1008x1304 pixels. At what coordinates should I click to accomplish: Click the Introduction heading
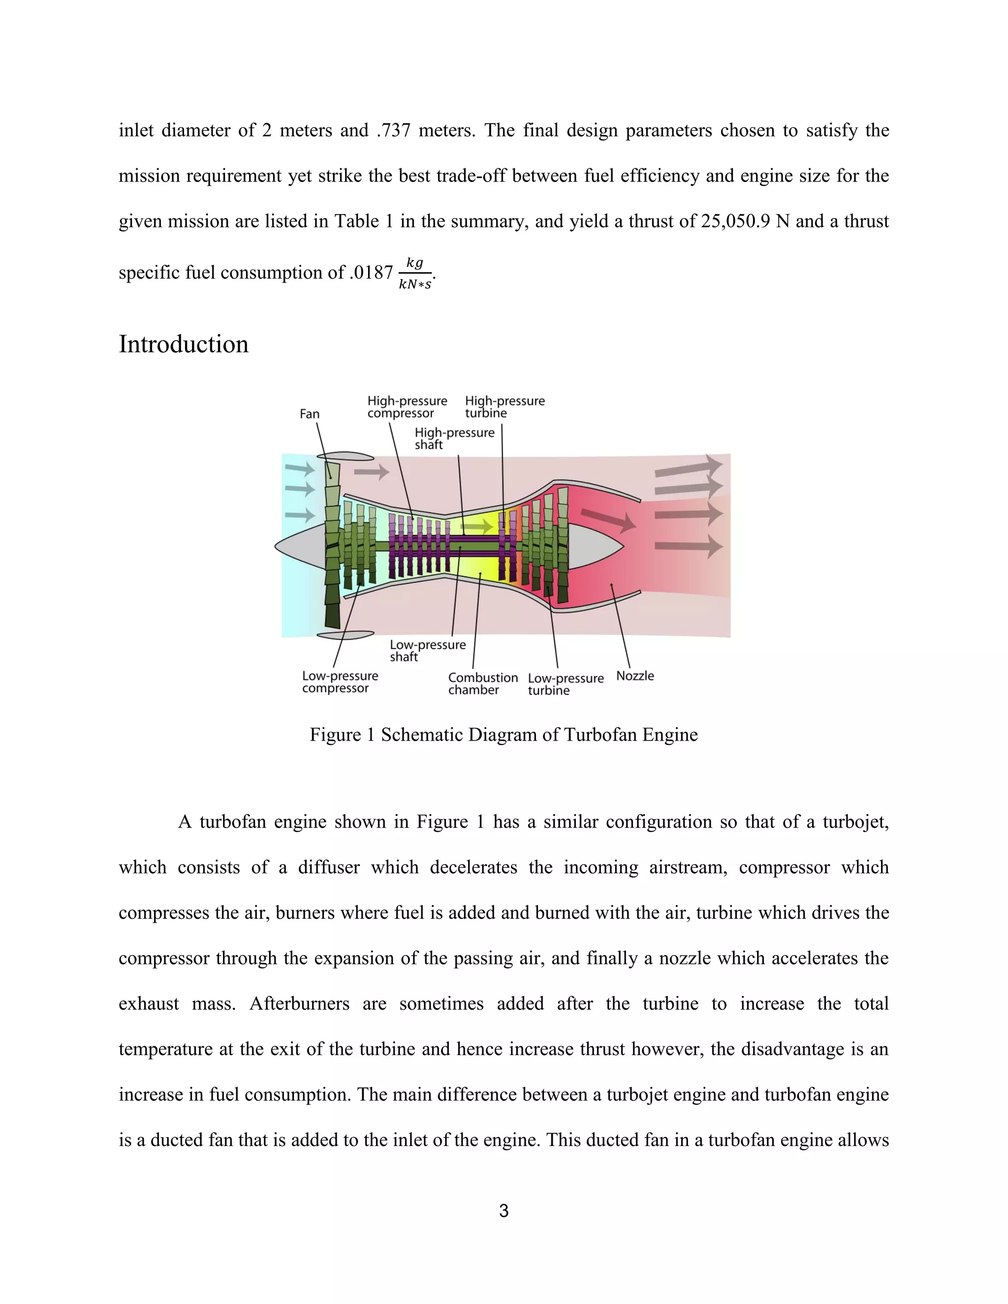(x=183, y=344)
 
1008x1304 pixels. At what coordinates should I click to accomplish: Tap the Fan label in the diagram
(x=309, y=414)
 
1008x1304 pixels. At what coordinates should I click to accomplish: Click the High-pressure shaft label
(x=454, y=438)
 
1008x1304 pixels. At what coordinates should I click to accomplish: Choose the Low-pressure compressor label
(x=340, y=682)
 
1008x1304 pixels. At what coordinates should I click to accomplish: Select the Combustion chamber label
(x=482, y=683)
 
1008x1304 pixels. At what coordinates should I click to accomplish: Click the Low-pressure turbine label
(x=566, y=684)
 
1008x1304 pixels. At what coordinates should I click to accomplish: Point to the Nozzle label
(x=635, y=676)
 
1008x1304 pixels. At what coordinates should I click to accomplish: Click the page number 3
(x=504, y=1211)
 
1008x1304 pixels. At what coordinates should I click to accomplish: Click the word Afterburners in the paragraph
(x=299, y=1004)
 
